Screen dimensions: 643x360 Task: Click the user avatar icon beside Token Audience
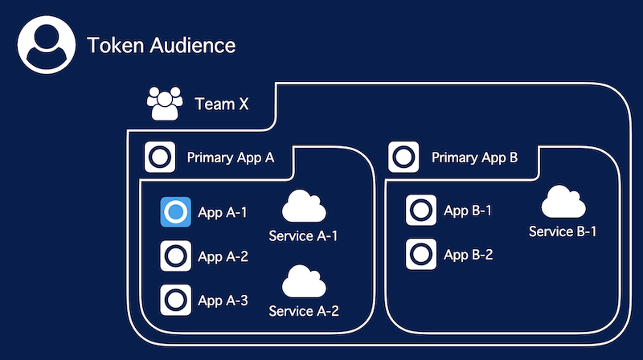(x=47, y=45)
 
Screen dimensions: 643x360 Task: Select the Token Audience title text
(x=162, y=45)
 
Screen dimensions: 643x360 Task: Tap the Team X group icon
(x=165, y=104)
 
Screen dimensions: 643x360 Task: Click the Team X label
(x=222, y=104)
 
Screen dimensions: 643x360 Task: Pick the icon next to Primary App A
(x=160, y=157)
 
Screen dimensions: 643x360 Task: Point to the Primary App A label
(x=231, y=157)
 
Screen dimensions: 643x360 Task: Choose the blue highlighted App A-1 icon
(x=175, y=212)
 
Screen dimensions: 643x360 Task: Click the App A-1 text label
(x=223, y=213)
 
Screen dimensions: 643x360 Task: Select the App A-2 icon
(x=175, y=256)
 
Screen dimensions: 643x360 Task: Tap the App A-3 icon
(x=175, y=300)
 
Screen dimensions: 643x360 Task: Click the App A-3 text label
(x=223, y=301)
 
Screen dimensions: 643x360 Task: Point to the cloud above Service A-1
(x=304, y=206)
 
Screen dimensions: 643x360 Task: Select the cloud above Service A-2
(x=304, y=281)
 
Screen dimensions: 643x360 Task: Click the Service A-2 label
(x=304, y=311)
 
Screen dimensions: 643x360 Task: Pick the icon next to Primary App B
(x=404, y=157)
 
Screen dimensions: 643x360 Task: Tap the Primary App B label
(x=474, y=157)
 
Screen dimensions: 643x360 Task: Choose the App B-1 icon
(x=421, y=211)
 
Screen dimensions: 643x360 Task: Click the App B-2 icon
(x=421, y=254)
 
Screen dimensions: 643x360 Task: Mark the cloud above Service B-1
(x=563, y=202)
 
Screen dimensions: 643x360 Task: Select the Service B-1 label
(x=563, y=231)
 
